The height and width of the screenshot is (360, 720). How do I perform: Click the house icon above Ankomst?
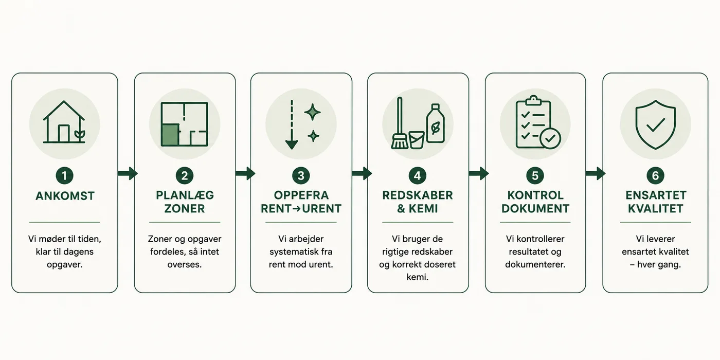(x=64, y=122)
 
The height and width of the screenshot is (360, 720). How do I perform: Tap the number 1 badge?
(x=64, y=175)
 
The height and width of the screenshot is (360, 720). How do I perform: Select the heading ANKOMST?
(x=65, y=196)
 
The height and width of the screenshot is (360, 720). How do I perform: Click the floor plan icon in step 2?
(x=185, y=124)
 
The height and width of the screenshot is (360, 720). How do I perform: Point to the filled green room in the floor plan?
(x=170, y=135)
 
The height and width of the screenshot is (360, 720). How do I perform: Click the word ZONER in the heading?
(x=185, y=209)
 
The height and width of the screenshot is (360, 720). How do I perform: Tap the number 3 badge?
(x=301, y=175)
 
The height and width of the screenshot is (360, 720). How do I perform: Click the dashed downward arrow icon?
(x=292, y=124)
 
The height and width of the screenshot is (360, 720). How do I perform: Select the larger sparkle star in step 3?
(x=313, y=112)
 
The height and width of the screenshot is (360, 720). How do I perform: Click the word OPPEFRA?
(x=301, y=195)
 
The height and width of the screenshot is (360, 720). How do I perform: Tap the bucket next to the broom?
(x=417, y=140)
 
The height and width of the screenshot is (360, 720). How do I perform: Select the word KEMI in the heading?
(x=423, y=209)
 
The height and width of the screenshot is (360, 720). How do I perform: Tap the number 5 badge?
(x=535, y=175)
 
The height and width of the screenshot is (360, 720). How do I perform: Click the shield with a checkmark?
(x=655, y=124)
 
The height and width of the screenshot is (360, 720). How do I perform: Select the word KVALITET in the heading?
(x=655, y=209)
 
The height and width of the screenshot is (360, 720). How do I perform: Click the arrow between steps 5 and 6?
(x=596, y=174)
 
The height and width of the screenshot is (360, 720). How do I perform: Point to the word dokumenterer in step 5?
(x=535, y=264)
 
